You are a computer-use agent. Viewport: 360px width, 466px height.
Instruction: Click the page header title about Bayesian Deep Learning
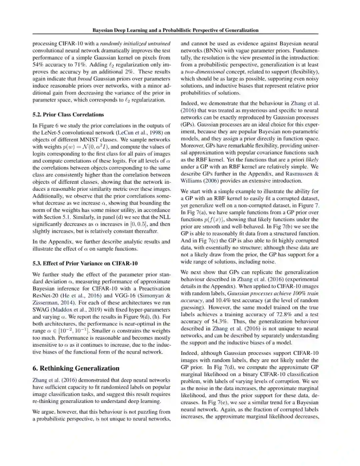pyautogui.click(x=175, y=30)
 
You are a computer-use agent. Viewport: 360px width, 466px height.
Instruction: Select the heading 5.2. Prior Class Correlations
pyautogui.click(x=68, y=114)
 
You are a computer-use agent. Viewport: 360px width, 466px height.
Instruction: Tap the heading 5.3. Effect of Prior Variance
pyautogui.click(x=85, y=263)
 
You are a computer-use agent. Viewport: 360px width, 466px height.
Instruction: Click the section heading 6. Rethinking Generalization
pyautogui.click(x=76, y=368)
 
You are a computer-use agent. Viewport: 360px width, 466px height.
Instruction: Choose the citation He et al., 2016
pyautogui.click(x=80, y=296)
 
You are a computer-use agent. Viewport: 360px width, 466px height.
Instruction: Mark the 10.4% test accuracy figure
pyautogui.click(x=223, y=300)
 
